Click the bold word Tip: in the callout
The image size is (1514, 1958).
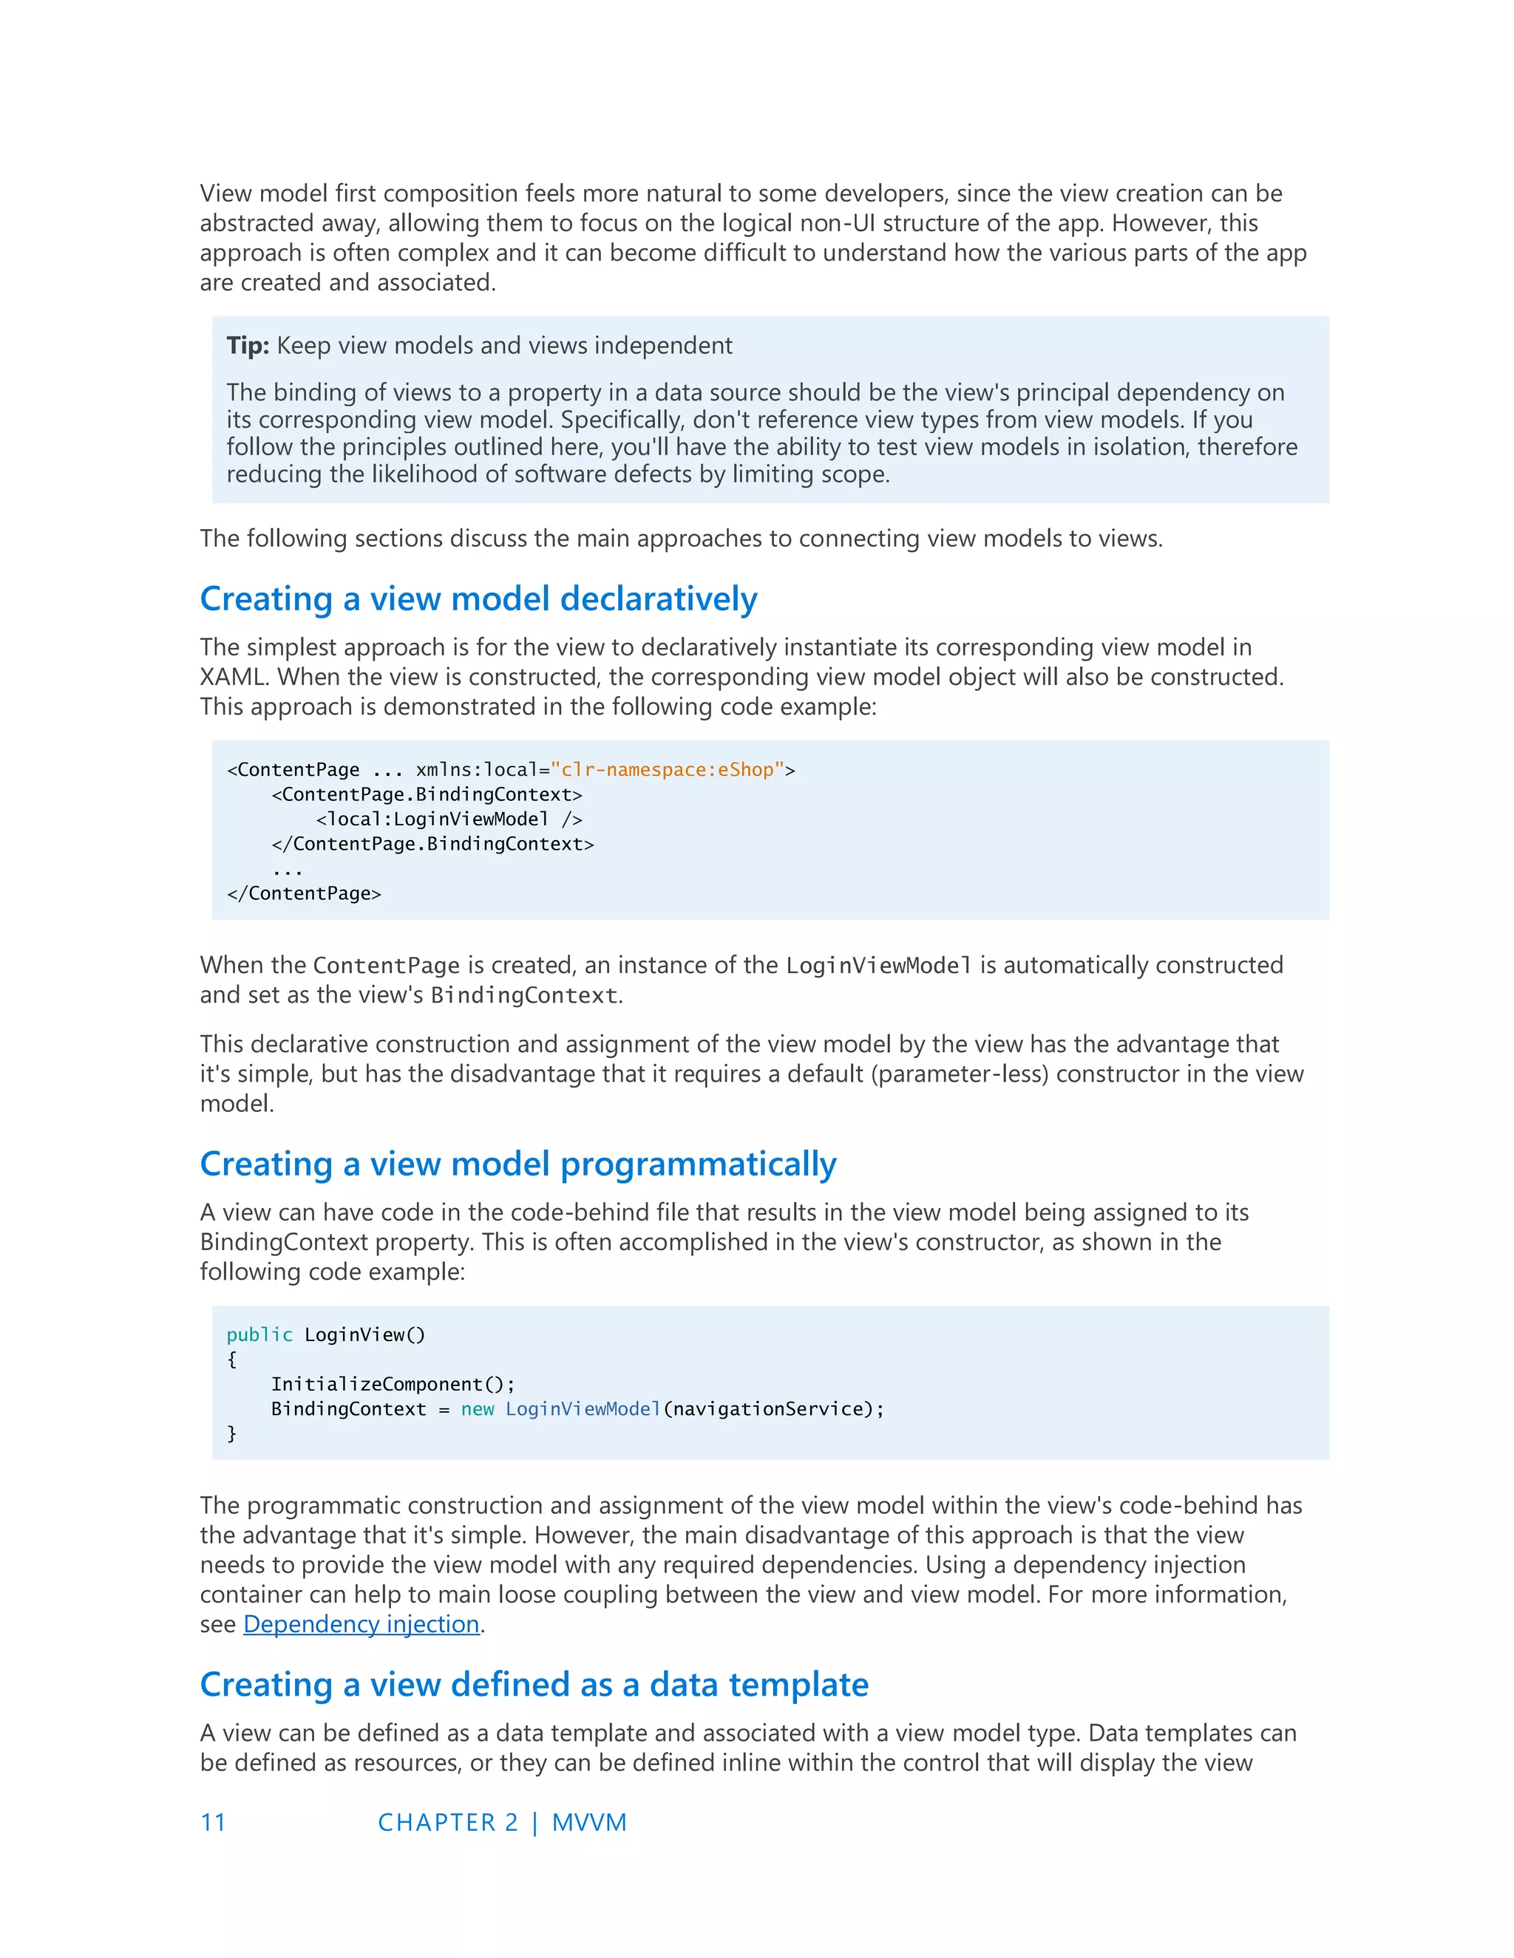click(248, 346)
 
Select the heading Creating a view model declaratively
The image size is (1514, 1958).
click(478, 599)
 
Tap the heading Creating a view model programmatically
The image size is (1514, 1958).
click(517, 1164)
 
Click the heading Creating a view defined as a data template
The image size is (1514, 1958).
click(534, 1685)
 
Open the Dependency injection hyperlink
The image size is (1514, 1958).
click(361, 1625)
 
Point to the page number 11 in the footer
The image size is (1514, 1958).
click(214, 1823)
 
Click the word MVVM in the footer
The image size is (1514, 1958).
click(589, 1823)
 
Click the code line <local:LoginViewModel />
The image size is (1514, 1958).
click(449, 819)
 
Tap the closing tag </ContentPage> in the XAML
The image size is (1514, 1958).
click(304, 894)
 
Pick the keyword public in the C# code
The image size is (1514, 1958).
click(259, 1335)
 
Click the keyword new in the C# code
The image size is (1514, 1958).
click(477, 1409)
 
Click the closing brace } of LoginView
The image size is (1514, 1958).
click(231, 1434)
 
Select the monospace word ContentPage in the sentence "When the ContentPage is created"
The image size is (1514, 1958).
click(386, 966)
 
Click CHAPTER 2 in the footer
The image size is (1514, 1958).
click(447, 1823)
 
